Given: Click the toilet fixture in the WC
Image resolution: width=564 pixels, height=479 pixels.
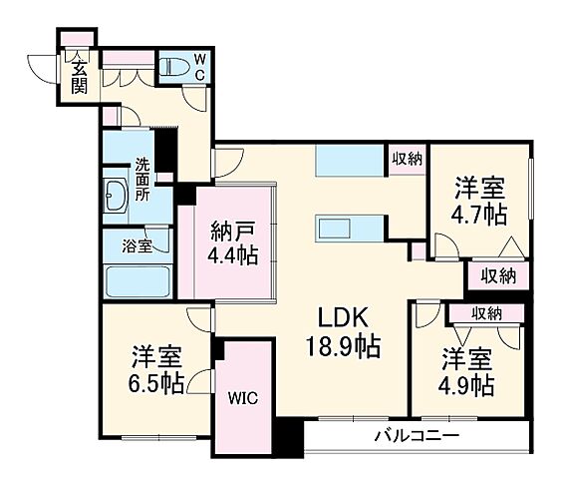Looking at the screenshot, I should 175,68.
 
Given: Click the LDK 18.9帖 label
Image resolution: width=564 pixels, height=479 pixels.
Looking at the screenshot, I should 344,333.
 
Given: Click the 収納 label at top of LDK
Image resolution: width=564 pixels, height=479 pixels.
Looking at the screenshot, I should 406,158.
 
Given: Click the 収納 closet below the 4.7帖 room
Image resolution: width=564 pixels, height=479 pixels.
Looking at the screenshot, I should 496,274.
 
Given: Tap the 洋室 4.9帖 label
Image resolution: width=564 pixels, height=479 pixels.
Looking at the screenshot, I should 467,370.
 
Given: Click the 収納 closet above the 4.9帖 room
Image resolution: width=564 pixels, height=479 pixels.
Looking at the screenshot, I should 486,313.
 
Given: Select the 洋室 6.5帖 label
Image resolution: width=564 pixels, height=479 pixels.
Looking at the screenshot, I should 156,369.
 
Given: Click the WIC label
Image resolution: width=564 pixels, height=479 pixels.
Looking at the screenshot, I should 243,397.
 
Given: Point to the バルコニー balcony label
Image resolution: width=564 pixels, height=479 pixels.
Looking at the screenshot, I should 417,436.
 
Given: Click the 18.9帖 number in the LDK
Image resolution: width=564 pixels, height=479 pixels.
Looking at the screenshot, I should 345,348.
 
